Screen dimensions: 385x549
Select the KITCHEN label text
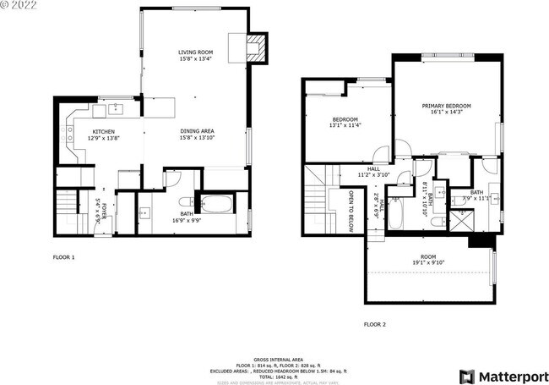103,131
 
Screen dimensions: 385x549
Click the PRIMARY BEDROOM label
446,105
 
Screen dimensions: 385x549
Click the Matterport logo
497,375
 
